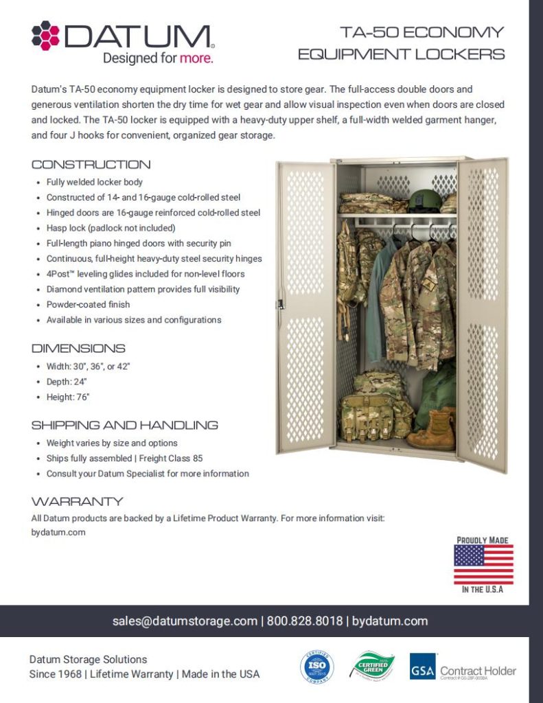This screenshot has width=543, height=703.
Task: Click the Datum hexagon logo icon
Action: (x=46, y=35)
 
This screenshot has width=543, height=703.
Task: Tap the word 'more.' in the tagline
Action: (x=196, y=58)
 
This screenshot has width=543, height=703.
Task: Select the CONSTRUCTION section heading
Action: (x=91, y=165)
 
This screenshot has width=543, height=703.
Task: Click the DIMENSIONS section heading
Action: (x=78, y=348)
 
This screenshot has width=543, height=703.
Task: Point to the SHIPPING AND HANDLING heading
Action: (x=124, y=425)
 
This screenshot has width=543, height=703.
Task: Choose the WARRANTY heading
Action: (x=77, y=501)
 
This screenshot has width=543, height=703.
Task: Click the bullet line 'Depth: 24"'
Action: (x=69, y=381)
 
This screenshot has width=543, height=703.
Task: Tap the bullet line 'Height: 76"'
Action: (x=70, y=397)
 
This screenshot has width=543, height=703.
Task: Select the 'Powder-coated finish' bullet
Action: (x=88, y=304)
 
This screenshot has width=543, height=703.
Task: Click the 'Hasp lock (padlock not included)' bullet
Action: (x=111, y=228)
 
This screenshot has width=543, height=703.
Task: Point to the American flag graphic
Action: (x=483, y=564)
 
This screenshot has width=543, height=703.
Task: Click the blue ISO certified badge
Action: (x=316, y=667)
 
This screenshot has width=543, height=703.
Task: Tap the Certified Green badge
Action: (x=373, y=666)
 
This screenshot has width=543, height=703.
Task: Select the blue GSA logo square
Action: (x=422, y=667)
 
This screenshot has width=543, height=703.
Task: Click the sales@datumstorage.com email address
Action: (x=185, y=621)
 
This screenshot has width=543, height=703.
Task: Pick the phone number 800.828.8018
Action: (x=303, y=621)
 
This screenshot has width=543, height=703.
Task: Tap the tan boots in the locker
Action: (x=432, y=430)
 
